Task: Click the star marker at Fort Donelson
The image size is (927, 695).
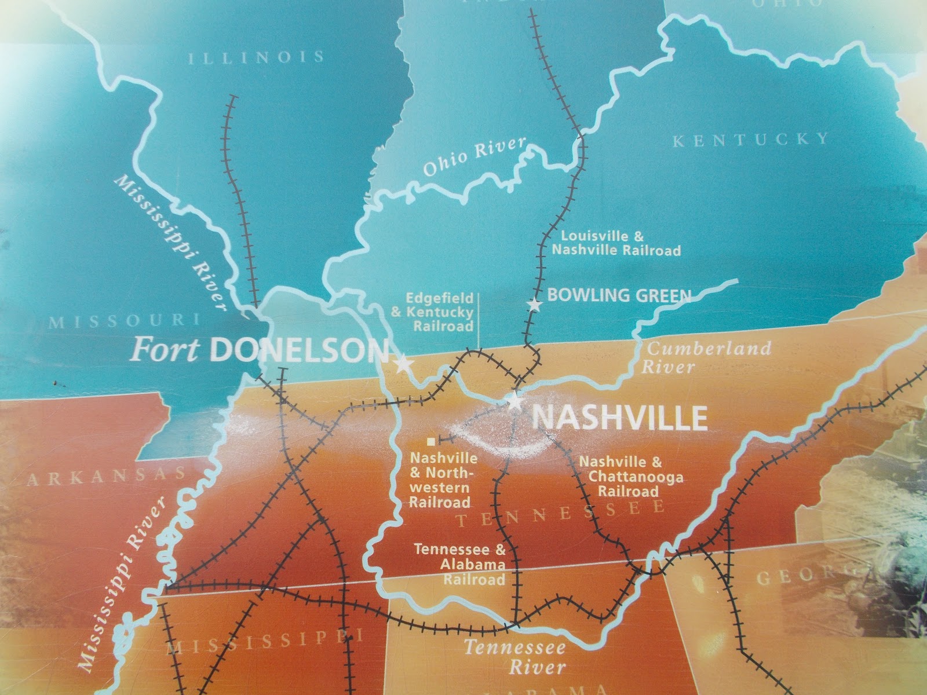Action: [x=403, y=364]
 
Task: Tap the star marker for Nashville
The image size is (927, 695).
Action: [x=514, y=401]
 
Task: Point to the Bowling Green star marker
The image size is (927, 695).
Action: [x=534, y=303]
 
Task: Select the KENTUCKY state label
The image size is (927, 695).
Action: [x=751, y=139]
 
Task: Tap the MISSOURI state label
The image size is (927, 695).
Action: [x=123, y=320]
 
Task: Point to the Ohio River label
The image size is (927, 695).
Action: [x=474, y=157]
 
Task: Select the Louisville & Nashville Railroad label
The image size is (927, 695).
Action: [x=615, y=243]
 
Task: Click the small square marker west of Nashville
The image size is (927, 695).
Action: [x=430, y=441]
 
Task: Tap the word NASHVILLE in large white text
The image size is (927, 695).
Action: [x=619, y=417]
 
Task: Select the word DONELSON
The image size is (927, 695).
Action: [x=298, y=350]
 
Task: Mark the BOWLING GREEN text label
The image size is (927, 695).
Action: [x=619, y=295]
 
